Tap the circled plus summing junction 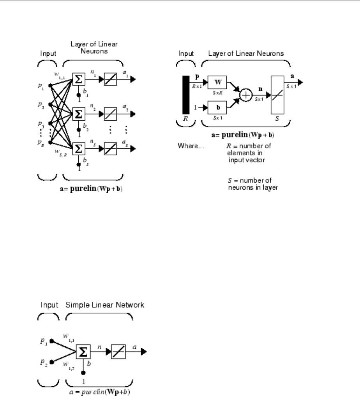[x=246, y=94]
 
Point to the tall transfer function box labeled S [x=278, y=94]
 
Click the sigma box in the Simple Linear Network [x=85, y=353]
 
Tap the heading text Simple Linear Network [x=105, y=305]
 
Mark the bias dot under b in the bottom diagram [x=83, y=373]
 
